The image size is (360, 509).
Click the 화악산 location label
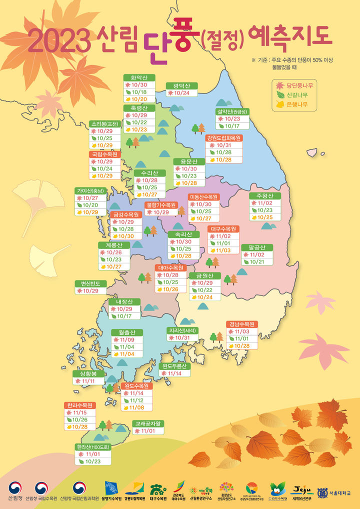pos(139,77)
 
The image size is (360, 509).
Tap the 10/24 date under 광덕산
pos(182,93)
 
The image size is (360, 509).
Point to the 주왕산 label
pos(264,195)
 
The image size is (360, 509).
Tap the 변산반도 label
pos(90,283)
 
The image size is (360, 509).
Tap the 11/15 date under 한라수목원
pos(80,413)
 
